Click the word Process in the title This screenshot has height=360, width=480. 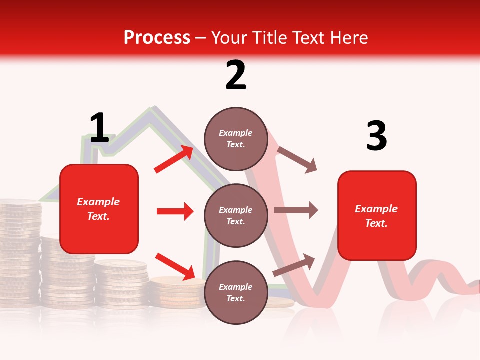pyautogui.click(x=157, y=38)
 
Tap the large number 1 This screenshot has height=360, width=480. pyautogui.click(x=99, y=128)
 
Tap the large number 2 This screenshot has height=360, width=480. pyautogui.click(x=236, y=75)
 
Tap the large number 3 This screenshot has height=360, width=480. pyautogui.click(x=376, y=136)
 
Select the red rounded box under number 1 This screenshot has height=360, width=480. pyautogui.click(x=99, y=209)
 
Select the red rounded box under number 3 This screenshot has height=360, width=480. pyautogui.click(x=377, y=216)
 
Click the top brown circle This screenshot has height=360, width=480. pyautogui.click(x=236, y=138)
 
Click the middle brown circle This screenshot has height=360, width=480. pyautogui.click(x=236, y=215)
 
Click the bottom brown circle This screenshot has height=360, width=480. pyautogui.click(x=236, y=292)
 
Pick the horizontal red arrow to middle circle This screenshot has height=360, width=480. pyautogui.click(x=175, y=211)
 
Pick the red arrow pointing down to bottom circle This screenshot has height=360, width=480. pyautogui.click(x=175, y=266)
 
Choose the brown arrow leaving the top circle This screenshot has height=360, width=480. pyautogui.click(x=297, y=159)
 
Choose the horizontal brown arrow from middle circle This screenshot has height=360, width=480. pyautogui.click(x=295, y=210)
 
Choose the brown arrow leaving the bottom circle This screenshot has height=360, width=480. pyautogui.click(x=294, y=265)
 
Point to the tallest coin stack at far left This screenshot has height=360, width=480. pyautogui.click(x=20, y=250)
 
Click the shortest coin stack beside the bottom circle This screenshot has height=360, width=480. pyautogui.click(x=175, y=292)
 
